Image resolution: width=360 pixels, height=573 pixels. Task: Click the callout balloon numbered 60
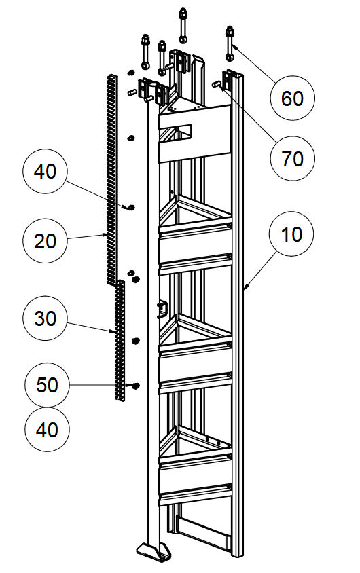(292, 98)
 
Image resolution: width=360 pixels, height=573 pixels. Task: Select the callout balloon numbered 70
(292, 159)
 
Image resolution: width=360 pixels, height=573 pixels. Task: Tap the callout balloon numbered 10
(291, 234)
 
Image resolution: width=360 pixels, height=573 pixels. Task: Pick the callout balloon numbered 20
(45, 241)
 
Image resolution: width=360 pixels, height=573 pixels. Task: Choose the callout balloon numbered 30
(45, 318)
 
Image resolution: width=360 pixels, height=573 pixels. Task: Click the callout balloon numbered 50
(47, 385)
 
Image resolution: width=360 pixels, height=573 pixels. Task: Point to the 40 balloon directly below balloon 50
(47, 429)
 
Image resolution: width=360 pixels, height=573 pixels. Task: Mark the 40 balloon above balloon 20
(45, 170)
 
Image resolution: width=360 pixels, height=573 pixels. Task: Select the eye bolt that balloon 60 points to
(230, 43)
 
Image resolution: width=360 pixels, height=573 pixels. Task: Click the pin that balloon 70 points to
(217, 85)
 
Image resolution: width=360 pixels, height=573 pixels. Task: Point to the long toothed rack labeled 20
(111, 179)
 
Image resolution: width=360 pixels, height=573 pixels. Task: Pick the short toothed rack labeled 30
(120, 341)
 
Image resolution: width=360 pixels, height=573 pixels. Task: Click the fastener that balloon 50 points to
(136, 386)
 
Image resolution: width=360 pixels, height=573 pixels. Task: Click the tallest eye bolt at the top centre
(182, 25)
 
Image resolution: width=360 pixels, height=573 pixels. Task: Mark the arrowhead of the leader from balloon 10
(245, 287)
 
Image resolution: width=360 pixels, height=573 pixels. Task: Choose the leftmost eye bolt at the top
(145, 52)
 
